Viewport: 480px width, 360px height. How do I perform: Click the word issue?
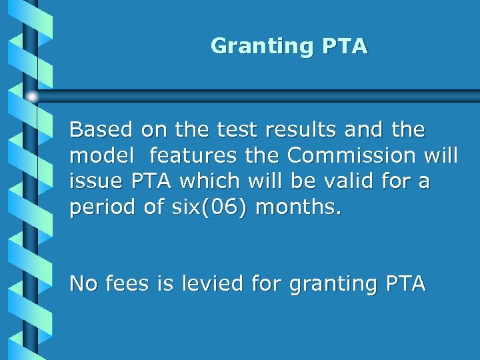click(x=93, y=181)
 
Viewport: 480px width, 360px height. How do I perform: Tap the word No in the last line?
click(x=83, y=283)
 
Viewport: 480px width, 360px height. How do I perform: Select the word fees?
click(x=128, y=283)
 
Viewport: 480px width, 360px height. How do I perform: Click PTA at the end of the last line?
click(x=405, y=283)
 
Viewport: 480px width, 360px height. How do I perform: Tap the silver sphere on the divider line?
click(x=32, y=97)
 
